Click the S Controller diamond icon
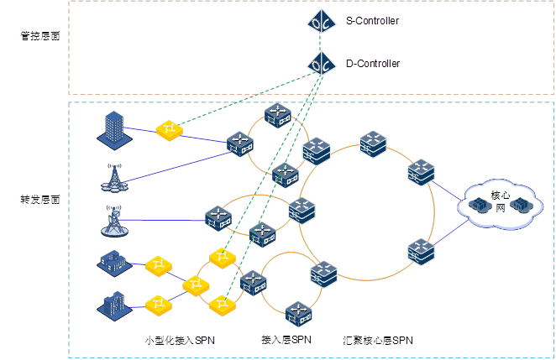coord(320,22)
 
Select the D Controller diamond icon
coord(320,64)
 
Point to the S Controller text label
coord(372,21)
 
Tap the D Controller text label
coord(372,64)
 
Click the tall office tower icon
coord(112,128)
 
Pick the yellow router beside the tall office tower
coord(169,129)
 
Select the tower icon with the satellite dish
coord(112,220)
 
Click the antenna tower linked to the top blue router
coord(112,175)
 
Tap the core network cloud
coord(499,204)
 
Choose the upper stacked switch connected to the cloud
coord(421,173)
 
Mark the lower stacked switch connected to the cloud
coord(421,251)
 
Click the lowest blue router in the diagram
coord(298,315)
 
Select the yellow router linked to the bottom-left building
coord(158,303)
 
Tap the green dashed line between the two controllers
coord(320,43)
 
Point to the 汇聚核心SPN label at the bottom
coord(378,341)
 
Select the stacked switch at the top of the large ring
coord(372,144)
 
